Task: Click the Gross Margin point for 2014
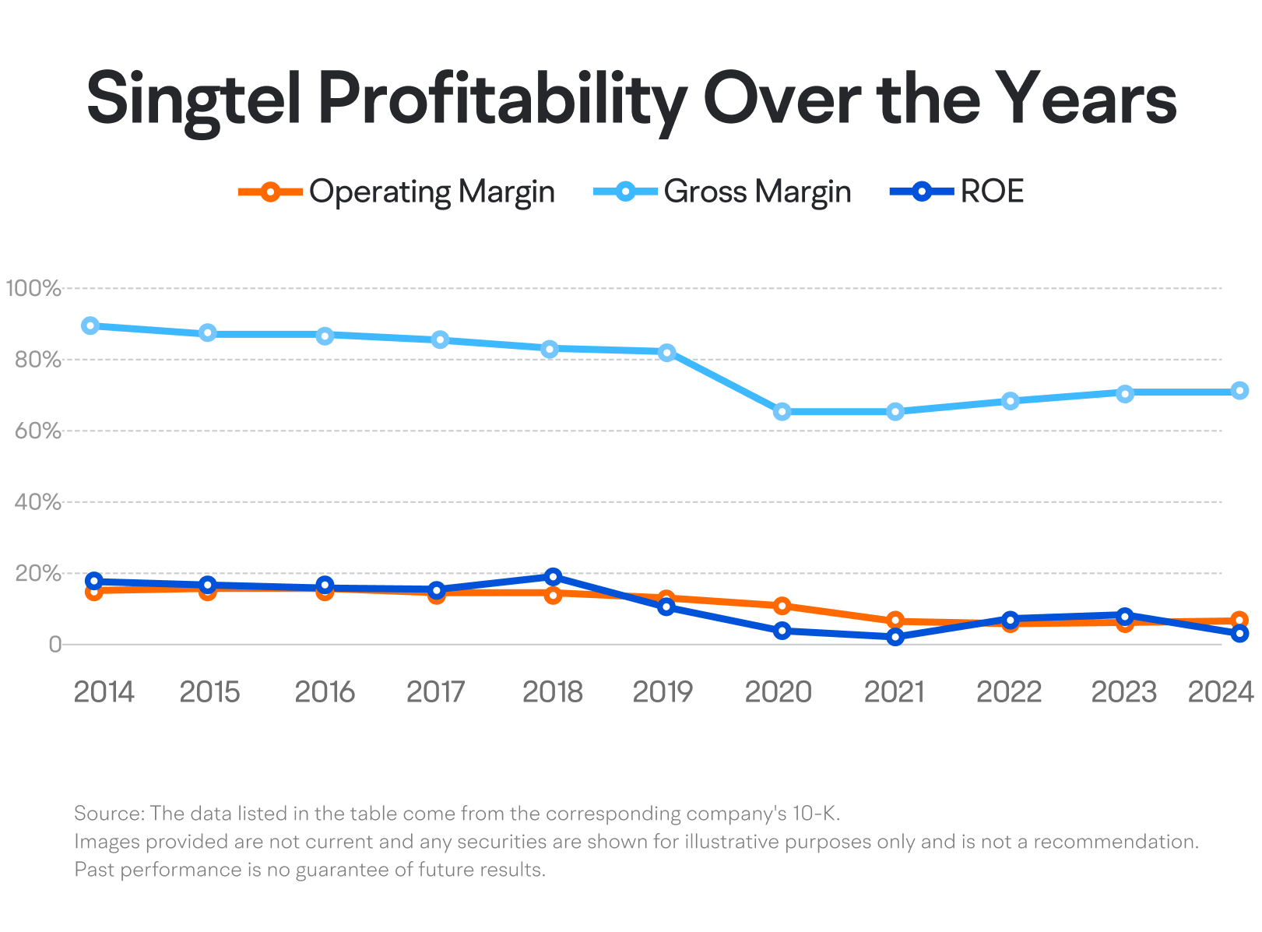pyautogui.click(x=90, y=325)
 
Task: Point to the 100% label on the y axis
pyautogui.click(x=33, y=287)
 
